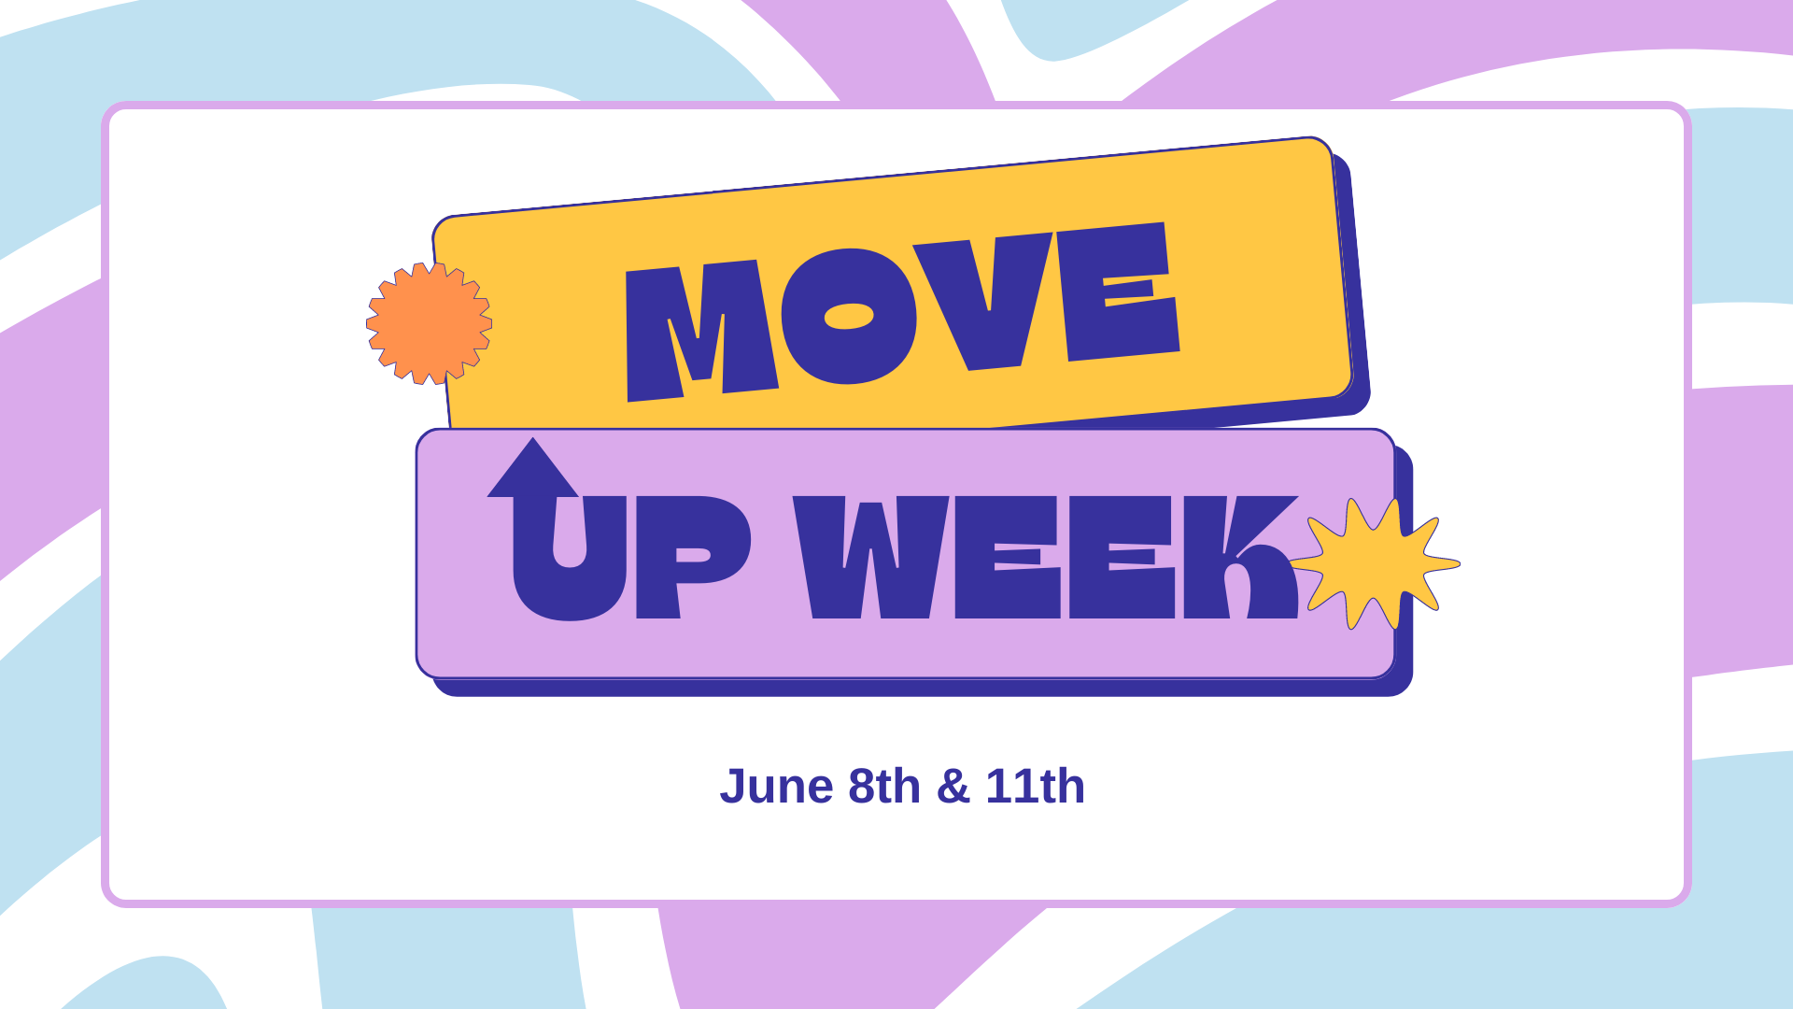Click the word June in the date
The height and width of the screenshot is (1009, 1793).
(x=776, y=787)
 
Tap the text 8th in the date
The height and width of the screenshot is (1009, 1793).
(x=883, y=787)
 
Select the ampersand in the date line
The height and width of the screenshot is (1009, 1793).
(x=953, y=787)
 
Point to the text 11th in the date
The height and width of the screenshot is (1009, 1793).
(x=1035, y=787)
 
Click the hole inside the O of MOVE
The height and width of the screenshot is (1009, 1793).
(x=848, y=317)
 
